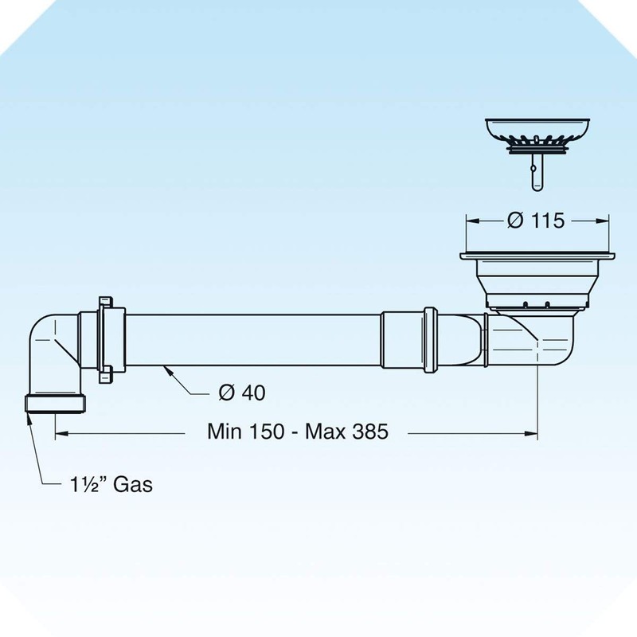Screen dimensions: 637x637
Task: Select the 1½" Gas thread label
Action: [x=110, y=484]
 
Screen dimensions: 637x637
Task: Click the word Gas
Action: [x=132, y=484]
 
